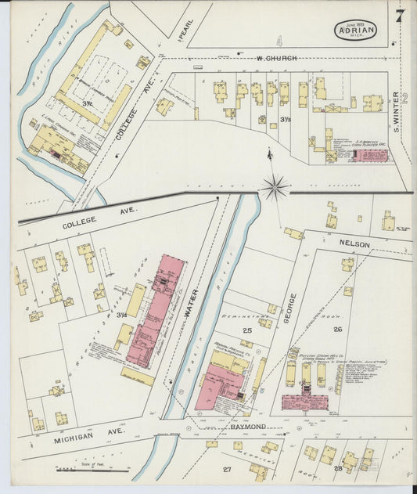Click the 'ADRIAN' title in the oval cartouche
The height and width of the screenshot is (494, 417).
357,30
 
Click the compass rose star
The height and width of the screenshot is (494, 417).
275,187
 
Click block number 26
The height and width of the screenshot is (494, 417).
338,329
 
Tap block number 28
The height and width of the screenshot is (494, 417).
337,468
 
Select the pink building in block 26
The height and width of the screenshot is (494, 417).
304,402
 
